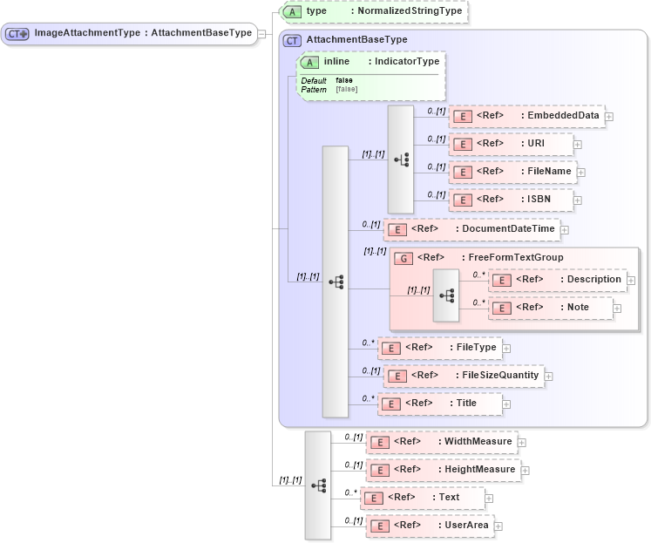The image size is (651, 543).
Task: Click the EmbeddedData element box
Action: (x=526, y=116)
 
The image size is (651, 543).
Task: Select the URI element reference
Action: (x=511, y=144)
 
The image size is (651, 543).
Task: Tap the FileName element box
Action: (x=512, y=172)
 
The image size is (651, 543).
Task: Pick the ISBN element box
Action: (x=511, y=200)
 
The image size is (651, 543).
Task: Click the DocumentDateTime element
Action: (x=471, y=229)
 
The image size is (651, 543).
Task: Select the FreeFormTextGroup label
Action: (x=503, y=257)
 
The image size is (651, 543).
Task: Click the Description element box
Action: (x=557, y=280)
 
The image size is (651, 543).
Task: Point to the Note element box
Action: (x=551, y=308)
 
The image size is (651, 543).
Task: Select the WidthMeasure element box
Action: (x=441, y=442)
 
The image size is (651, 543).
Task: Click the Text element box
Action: (x=422, y=498)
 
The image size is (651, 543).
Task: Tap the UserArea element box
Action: (x=430, y=526)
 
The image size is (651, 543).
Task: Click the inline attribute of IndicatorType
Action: (x=371, y=62)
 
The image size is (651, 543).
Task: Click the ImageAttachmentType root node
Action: (x=131, y=33)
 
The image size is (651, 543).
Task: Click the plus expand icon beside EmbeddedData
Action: (x=609, y=117)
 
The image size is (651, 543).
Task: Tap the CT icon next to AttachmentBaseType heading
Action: (x=293, y=40)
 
